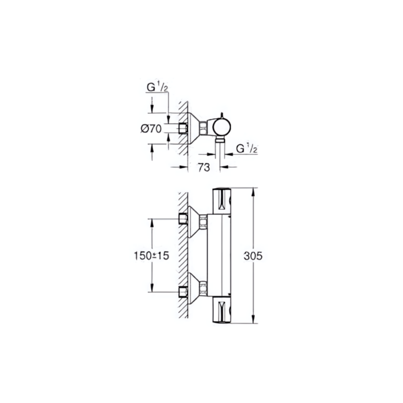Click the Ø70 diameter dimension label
(x=151, y=129)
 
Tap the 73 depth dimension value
(x=204, y=167)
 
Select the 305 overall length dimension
(x=253, y=256)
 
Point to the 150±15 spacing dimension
(x=151, y=256)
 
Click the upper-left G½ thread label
(x=157, y=88)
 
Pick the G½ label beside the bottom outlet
(x=247, y=149)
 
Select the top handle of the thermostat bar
(x=222, y=201)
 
